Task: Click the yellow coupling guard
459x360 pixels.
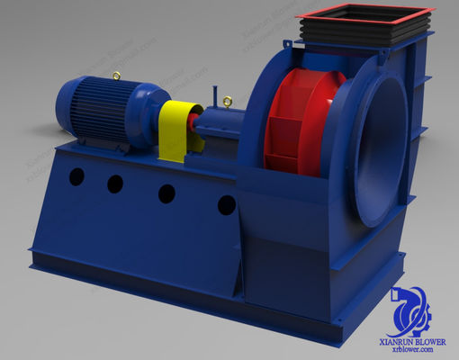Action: point(177,130)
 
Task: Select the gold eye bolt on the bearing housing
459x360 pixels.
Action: point(228,101)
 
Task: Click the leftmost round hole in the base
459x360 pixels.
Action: point(76,176)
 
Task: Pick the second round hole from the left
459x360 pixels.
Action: point(115,184)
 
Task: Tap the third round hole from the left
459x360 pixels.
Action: point(167,193)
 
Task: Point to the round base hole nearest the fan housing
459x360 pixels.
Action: point(227,205)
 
